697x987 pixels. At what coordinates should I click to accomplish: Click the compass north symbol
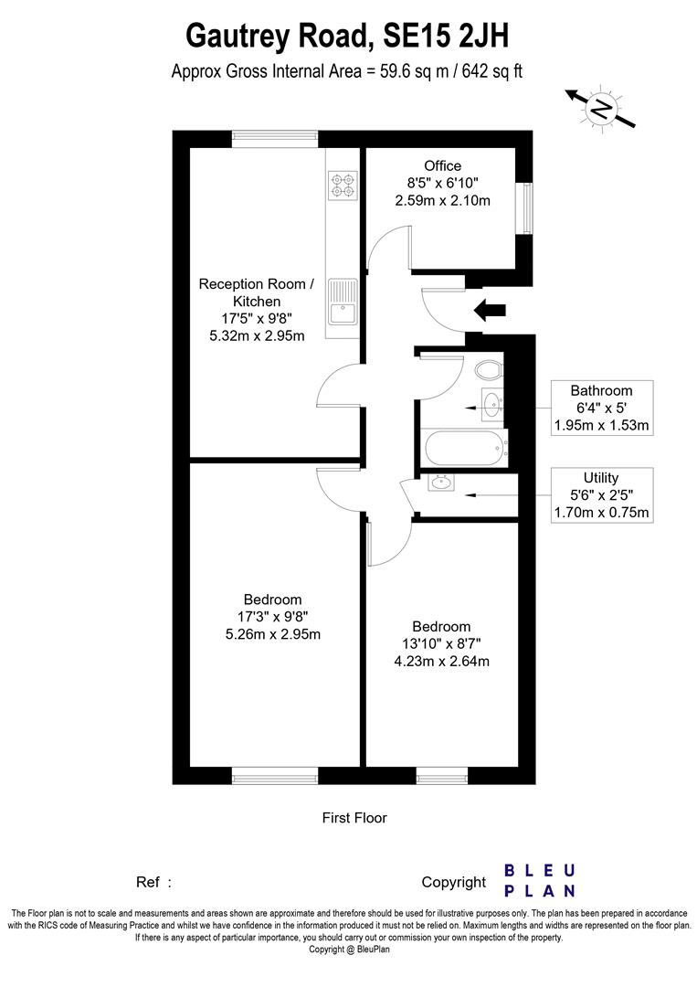click(600, 108)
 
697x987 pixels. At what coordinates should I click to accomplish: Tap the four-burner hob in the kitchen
click(343, 186)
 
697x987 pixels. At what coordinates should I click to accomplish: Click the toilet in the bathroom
click(489, 369)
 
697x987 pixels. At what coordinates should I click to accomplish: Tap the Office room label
click(442, 166)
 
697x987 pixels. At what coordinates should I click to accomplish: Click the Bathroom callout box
click(601, 408)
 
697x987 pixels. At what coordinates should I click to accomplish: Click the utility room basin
click(443, 482)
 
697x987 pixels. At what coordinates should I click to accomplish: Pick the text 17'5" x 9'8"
click(257, 318)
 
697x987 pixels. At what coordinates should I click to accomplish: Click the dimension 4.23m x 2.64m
click(441, 661)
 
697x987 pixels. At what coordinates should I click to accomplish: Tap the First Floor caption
click(354, 818)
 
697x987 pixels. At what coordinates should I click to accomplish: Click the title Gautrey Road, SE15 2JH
click(347, 37)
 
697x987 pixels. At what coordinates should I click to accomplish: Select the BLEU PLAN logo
click(540, 880)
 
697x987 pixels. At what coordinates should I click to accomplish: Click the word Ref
click(148, 883)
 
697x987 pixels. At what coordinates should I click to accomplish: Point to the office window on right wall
click(525, 208)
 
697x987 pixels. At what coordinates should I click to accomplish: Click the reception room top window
click(275, 138)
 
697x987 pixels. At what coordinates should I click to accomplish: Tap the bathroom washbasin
click(491, 403)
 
